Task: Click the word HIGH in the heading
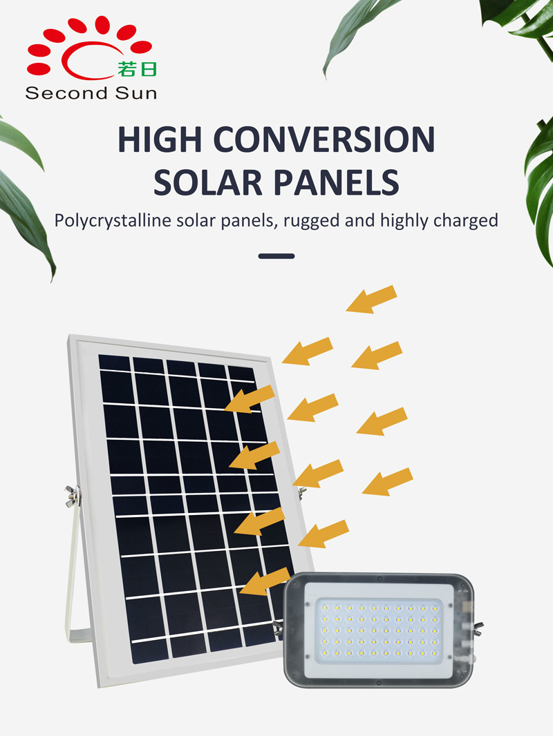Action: click(160, 139)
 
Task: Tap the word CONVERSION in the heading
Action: click(324, 139)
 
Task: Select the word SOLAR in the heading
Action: click(207, 182)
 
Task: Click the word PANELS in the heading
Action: click(337, 182)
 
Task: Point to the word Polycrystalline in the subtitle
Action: click(113, 221)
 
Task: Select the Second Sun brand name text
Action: click(91, 93)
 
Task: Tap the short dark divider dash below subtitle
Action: click(276, 256)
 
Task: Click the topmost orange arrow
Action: click(372, 299)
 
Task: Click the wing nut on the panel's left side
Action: click(73, 496)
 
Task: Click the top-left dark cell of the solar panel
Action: click(115, 362)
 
